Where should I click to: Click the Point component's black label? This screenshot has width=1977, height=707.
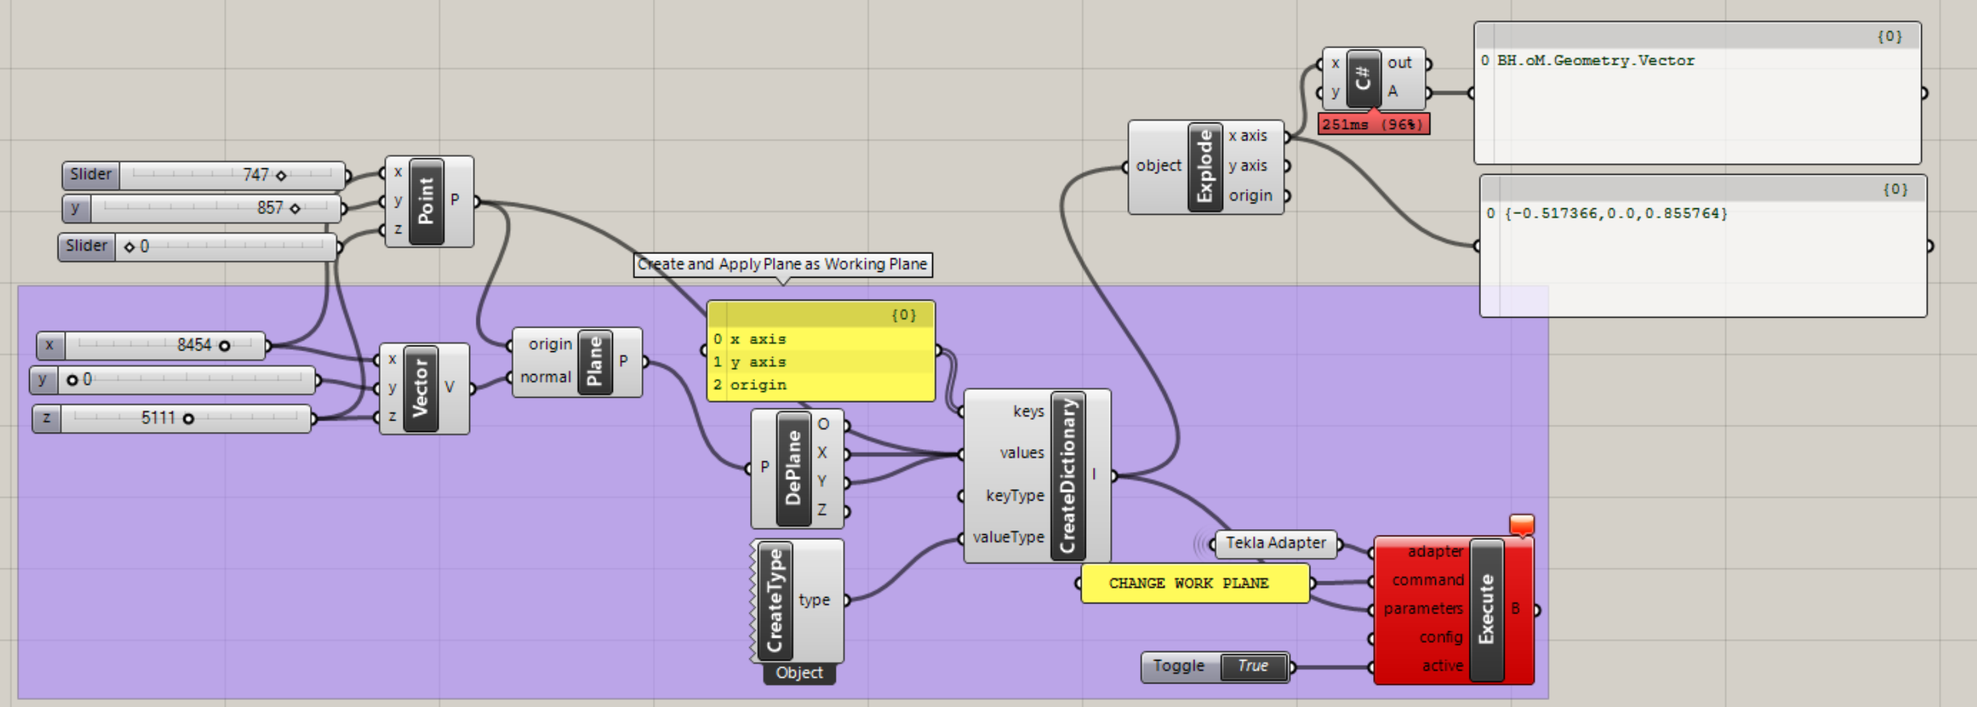pyautogui.click(x=427, y=201)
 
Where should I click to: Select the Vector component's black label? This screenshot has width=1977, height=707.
pyautogui.click(x=420, y=387)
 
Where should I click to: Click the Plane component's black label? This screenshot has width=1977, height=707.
pyautogui.click(x=595, y=361)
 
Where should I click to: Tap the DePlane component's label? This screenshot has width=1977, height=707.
pyautogui.click(x=794, y=468)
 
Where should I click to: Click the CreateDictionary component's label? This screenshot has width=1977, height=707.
pyautogui.click(x=1068, y=475)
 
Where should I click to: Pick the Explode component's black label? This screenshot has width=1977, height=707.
pyautogui.click(x=1205, y=166)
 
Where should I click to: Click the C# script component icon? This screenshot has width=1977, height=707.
pyautogui.click(x=1363, y=77)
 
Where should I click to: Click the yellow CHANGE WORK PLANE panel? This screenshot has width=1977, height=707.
pyautogui.click(x=1189, y=583)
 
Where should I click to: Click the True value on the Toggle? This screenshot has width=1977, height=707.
pyautogui.click(x=1252, y=666)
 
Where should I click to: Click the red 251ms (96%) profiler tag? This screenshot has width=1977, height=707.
pyautogui.click(x=1373, y=125)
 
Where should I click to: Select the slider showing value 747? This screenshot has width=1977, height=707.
pyautogui.click(x=231, y=175)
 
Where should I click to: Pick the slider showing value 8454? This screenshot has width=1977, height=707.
pyautogui.click(x=165, y=346)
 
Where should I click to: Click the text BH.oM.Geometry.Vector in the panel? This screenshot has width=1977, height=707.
pyautogui.click(x=1595, y=60)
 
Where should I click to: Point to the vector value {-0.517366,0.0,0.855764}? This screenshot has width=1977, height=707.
pyautogui.click(x=1616, y=213)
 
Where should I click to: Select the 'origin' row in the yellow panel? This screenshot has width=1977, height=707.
pyautogui.click(x=758, y=384)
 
